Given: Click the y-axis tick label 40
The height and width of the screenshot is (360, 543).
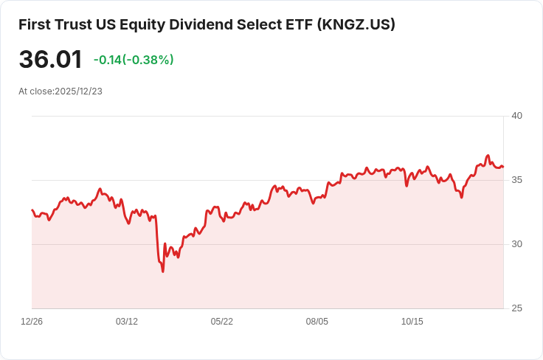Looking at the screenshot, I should pos(516,116).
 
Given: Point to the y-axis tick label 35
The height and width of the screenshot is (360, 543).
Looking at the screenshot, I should pos(516,180).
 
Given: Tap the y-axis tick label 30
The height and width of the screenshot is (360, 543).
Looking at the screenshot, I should pos(516,244).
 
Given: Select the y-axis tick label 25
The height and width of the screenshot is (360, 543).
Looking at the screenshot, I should pos(516,308).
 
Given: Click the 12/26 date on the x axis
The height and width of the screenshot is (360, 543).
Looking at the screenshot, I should pos(32,322).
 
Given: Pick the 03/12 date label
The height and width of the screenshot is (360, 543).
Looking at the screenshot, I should pos(127,322).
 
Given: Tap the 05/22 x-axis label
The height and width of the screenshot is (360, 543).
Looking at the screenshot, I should pos(222,322).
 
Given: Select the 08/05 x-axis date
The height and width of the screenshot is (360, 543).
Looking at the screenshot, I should pos(317,322).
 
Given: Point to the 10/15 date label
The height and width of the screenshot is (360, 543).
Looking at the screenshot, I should pos(412,322).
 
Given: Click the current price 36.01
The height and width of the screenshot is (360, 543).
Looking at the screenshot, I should pos(50,60).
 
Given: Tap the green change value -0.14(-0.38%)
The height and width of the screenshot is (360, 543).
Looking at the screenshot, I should pos(134,60).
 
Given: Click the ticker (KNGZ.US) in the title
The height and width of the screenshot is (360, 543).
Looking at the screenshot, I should pos(356,24).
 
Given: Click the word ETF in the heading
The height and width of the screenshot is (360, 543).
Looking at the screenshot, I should pos(296,24).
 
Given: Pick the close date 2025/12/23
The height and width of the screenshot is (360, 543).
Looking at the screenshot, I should pos(78,91).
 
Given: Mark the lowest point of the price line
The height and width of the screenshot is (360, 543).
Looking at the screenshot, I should pos(163,271).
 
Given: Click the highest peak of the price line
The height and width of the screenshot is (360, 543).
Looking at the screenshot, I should pos(488,156).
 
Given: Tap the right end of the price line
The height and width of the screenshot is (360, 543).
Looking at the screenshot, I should pos(503,167).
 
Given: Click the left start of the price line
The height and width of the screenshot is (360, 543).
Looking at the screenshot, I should pos(32,210).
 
